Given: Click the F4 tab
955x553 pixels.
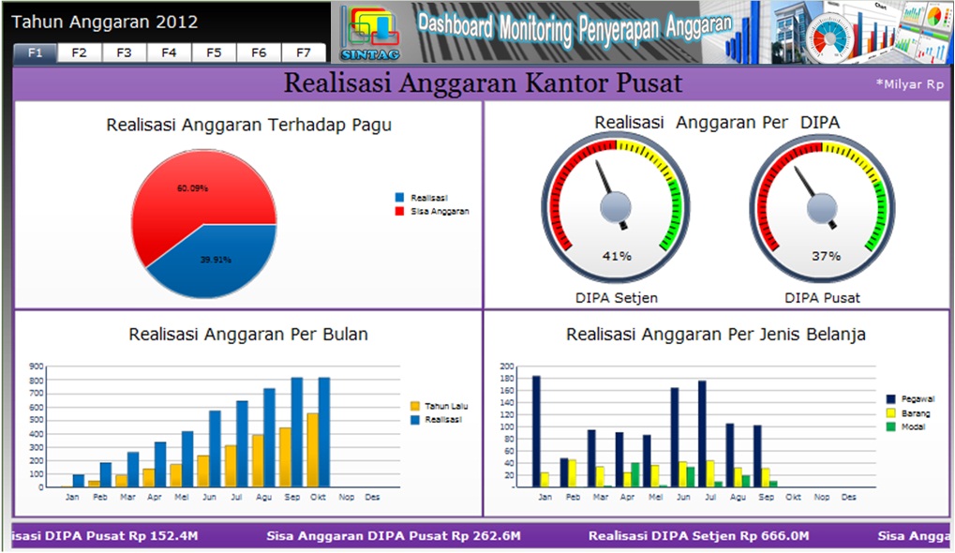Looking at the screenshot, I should [169, 53].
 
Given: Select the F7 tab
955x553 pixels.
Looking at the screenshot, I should [303, 53].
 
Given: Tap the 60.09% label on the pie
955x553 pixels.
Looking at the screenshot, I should [192, 188].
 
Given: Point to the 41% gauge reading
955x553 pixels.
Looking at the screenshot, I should [617, 256].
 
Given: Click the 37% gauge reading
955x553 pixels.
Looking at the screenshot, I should [826, 256].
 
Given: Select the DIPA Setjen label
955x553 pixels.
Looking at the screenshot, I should [617, 298].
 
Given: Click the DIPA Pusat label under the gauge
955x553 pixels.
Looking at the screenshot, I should [823, 298].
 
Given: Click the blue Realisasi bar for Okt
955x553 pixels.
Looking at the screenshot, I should [324, 431].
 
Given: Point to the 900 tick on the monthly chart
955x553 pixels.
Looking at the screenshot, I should [37, 366].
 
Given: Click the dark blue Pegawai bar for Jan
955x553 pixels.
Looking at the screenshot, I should [536, 431].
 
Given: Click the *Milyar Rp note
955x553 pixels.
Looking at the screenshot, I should [909, 84].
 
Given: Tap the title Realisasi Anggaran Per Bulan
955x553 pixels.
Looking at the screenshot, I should [248, 334].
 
